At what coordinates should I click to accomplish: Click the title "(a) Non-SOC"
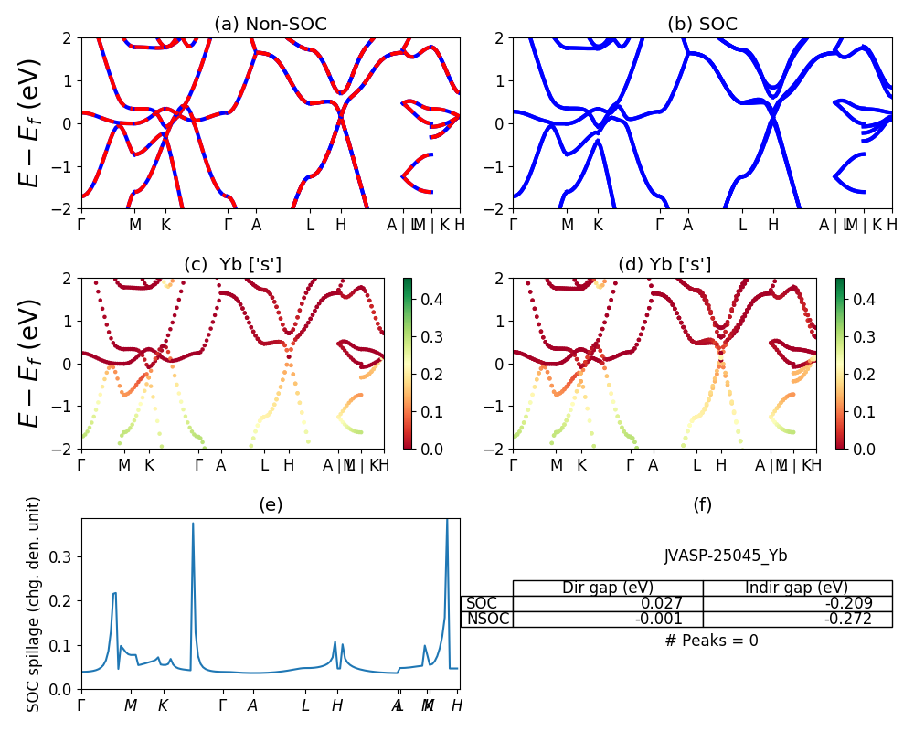point(270,25)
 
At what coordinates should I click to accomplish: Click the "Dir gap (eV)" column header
point(608,588)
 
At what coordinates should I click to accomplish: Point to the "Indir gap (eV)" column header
point(797,588)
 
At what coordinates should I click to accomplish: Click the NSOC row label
point(486,619)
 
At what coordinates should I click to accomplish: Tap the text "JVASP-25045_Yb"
point(726,556)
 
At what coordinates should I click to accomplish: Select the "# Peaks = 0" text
point(711,641)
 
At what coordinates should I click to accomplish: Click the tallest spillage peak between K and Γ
point(193,524)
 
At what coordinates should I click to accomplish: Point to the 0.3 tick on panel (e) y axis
point(62,556)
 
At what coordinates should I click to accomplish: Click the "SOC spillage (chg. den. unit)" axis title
point(34,604)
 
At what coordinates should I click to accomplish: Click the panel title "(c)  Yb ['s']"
point(233,265)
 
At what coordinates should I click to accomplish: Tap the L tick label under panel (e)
point(306,705)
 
